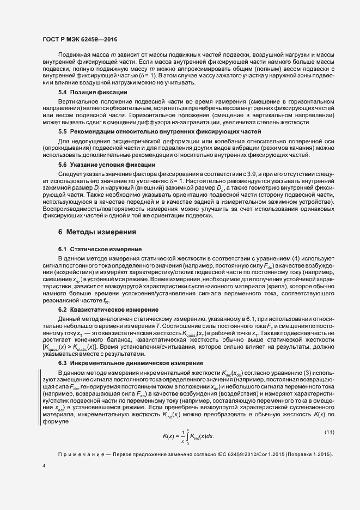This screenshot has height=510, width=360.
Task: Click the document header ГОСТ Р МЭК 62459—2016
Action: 80,40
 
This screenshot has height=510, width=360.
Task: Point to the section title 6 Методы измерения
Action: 97,232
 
